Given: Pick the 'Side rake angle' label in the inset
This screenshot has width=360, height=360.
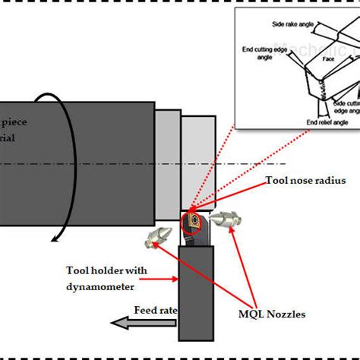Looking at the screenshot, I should tap(290, 26).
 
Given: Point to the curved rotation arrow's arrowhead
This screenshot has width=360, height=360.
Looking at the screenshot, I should tap(55, 238).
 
